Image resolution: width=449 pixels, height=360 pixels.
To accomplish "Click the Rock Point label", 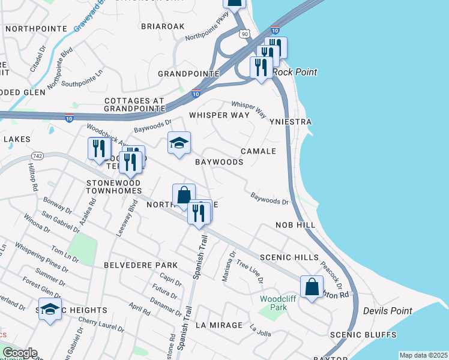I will pyautogui.click(x=295, y=72).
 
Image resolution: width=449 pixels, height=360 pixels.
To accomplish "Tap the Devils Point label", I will pyautogui.click(x=388, y=311).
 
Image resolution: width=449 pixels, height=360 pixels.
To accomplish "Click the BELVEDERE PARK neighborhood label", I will pyautogui.click(x=141, y=265).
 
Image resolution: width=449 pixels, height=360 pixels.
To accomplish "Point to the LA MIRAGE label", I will pyautogui.click(x=219, y=325).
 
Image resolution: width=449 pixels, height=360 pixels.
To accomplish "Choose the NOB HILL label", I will pyautogui.click(x=295, y=224).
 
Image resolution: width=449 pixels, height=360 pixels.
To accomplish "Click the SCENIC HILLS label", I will pyautogui.click(x=290, y=257).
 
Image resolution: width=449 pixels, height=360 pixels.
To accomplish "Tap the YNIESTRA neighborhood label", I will pyautogui.click(x=291, y=122).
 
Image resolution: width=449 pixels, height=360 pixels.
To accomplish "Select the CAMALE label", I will pyautogui.click(x=259, y=151).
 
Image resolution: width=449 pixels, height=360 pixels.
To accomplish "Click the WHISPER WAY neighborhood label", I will pyautogui.click(x=218, y=115).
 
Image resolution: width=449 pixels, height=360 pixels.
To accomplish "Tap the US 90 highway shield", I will pyautogui.click(x=244, y=34).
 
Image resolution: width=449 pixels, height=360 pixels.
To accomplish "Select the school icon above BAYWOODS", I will pyautogui.click(x=179, y=143).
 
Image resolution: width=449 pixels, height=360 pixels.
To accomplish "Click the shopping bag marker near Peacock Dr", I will pyautogui.click(x=312, y=286).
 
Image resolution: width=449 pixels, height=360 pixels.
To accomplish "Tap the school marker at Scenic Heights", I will pyautogui.click(x=50, y=310).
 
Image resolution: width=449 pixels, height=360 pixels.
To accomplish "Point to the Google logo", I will pyautogui.click(x=19, y=352).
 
